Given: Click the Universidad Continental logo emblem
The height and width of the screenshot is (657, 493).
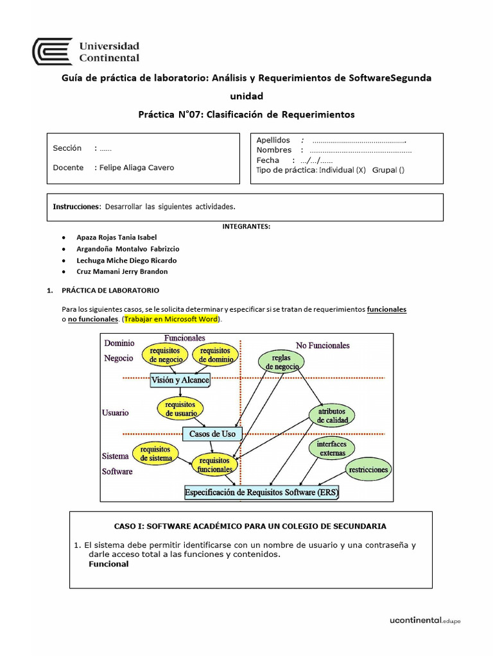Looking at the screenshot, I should [52, 51].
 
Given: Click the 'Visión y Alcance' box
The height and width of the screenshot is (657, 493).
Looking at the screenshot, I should [180, 380].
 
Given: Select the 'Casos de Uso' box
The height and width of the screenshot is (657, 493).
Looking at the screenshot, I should [212, 434].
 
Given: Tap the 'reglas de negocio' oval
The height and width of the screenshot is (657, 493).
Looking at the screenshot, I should [281, 362].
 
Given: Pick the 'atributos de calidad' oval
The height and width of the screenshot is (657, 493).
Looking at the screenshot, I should [332, 415].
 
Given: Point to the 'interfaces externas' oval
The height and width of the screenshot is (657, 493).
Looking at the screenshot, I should [332, 448].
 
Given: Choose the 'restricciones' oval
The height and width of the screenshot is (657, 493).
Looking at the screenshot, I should [368, 470].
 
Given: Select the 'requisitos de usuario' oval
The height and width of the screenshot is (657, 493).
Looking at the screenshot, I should [180, 409].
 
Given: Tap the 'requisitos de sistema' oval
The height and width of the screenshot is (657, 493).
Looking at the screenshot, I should [155, 454].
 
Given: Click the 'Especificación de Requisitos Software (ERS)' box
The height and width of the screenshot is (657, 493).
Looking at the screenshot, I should [262, 493].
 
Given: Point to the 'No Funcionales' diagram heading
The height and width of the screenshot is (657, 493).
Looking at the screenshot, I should [322, 345].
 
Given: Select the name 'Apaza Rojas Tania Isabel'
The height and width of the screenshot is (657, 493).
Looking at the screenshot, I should [116, 237].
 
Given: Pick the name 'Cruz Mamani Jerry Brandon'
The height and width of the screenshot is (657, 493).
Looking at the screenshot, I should [122, 271].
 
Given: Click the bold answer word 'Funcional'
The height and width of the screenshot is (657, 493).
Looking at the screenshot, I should [108, 564].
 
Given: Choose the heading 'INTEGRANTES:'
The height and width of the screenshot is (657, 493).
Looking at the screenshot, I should [246, 226].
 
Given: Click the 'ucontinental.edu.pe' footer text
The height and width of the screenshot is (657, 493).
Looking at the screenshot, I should [425, 620].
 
